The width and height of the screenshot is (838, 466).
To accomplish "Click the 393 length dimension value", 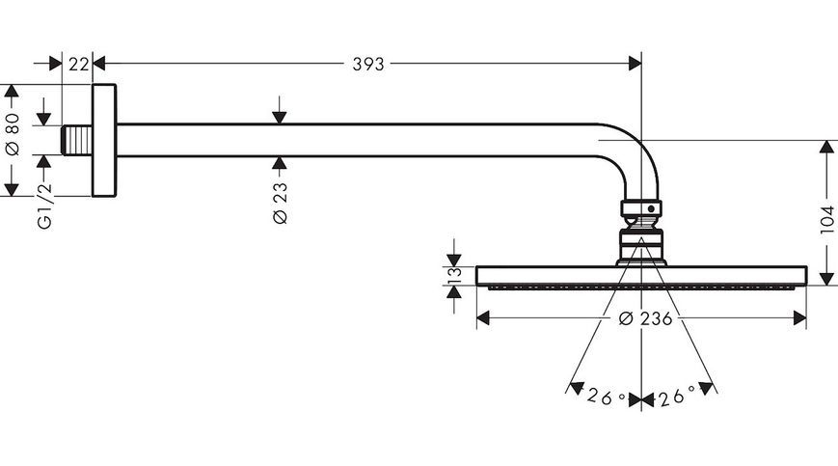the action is [368, 64].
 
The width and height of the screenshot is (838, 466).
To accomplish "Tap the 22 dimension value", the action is [78, 64].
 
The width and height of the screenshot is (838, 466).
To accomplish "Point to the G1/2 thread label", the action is [46, 206].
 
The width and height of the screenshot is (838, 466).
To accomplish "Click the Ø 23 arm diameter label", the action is [280, 203].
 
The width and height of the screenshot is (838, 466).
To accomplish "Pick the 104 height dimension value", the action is [826, 219].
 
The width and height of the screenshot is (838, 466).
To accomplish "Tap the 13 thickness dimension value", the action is [454, 275].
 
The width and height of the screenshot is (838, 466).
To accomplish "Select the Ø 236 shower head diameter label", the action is [645, 319].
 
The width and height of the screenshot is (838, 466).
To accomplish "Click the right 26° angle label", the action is [676, 396].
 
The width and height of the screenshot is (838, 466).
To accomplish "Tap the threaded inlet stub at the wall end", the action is [77, 140].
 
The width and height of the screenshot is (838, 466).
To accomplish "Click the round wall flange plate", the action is [104, 141].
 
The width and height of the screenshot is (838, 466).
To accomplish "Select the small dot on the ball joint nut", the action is [651, 208].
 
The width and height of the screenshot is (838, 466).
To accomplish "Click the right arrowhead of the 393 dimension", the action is [635, 64].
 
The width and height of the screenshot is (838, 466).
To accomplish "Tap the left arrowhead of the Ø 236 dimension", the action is [483, 319].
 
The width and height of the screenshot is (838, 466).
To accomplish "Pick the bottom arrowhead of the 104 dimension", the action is [826, 279].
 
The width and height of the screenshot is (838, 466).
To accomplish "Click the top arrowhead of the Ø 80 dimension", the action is [12, 92].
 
